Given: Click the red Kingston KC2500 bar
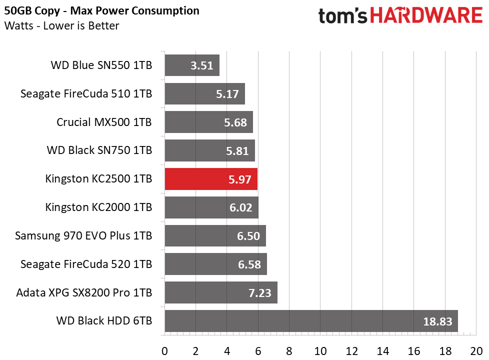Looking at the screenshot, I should pos(211,179).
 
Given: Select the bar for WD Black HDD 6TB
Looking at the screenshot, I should pos(311,321).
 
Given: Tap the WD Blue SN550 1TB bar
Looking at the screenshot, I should pos(192,65).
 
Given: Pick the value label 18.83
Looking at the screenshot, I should pos(434,321).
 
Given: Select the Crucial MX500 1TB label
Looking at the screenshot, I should pos(104,122).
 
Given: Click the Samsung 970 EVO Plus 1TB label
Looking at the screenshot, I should pos(83,235).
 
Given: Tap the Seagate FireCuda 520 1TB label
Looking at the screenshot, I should pos(86,264).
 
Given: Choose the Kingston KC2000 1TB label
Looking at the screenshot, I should pos(98,207).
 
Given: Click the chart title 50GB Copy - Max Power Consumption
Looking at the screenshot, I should pos(101,10).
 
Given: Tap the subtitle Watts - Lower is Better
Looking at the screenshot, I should pos(61,25).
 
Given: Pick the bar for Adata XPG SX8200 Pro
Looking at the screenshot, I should pos(220,292).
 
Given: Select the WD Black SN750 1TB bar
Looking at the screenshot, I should pos(209,150).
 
